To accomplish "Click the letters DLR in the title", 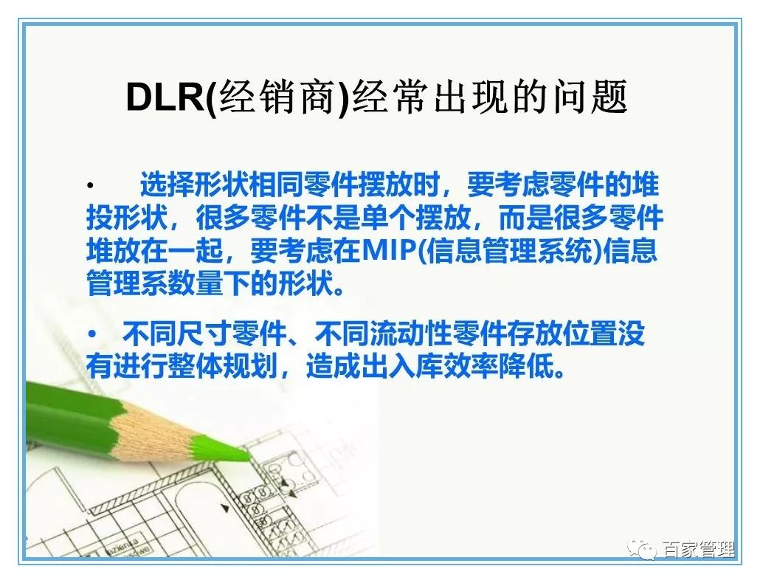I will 167,97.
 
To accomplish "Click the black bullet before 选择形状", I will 89,184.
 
